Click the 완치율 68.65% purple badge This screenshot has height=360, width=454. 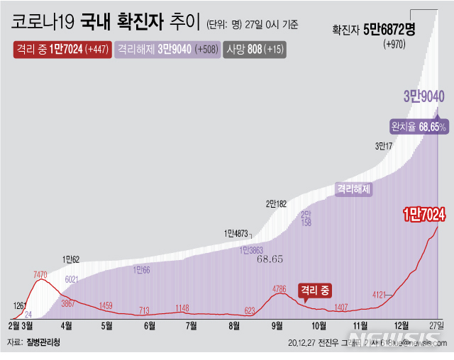point(418,127)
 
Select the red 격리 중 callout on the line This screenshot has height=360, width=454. point(315,290)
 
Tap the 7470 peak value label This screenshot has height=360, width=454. point(40,274)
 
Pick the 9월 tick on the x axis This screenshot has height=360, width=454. point(277,325)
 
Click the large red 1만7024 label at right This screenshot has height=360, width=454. point(423,213)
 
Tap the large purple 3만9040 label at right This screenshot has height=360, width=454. point(423,96)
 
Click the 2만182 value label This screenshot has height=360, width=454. point(277,203)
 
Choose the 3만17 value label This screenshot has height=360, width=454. point(384,147)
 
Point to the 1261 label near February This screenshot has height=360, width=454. point(20,305)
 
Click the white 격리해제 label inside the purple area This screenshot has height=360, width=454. point(354,189)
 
